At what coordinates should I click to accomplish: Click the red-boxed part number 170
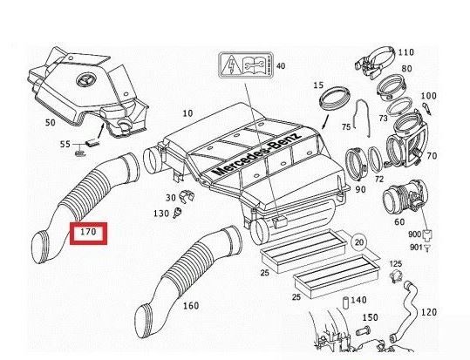(x=88, y=234)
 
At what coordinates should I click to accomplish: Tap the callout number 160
(x=191, y=306)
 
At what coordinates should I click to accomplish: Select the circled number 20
(x=359, y=241)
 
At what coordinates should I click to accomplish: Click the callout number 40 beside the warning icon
(x=280, y=66)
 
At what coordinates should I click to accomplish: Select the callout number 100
(x=428, y=96)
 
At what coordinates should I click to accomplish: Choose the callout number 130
(x=161, y=214)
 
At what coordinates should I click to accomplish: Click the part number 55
(x=65, y=144)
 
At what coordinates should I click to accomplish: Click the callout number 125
(x=395, y=263)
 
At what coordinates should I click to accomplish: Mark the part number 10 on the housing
(x=188, y=114)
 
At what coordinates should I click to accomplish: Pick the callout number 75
(x=345, y=126)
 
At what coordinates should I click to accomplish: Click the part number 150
(x=371, y=317)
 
